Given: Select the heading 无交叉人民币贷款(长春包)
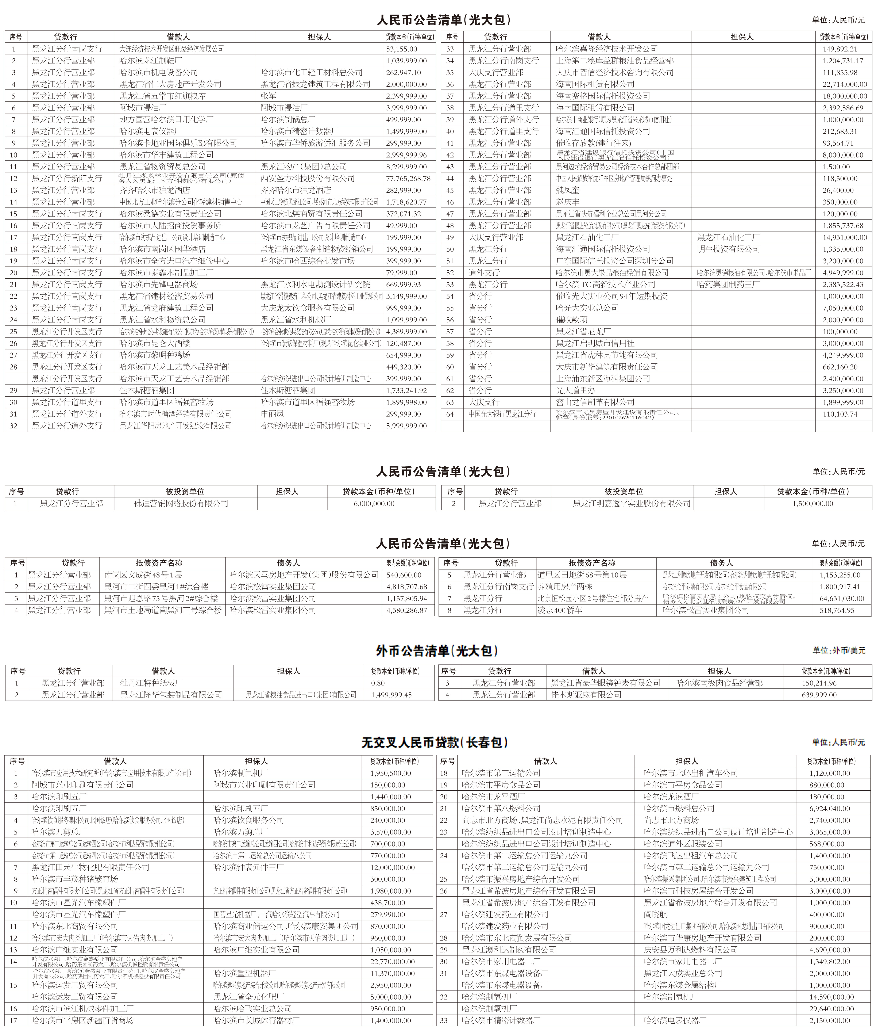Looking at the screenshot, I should pyautogui.click(x=435, y=742).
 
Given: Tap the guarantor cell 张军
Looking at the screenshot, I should pyautogui.click(x=268, y=96).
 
